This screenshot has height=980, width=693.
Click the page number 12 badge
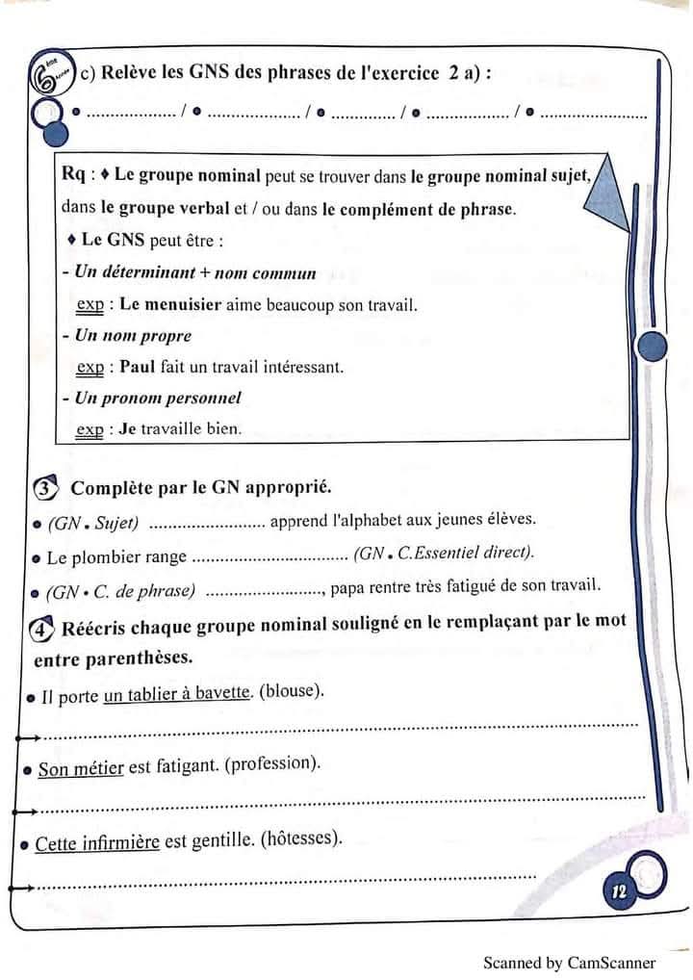(x=619, y=892)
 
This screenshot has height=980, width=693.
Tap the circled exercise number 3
(x=45, y=488)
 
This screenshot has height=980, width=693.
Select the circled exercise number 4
(x=43, y=629)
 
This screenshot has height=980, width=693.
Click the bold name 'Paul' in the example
(x=137, y=367)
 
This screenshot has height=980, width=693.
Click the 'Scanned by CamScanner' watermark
(x=569, y=962)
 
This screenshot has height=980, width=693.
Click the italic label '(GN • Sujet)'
(x=93, y=523)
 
